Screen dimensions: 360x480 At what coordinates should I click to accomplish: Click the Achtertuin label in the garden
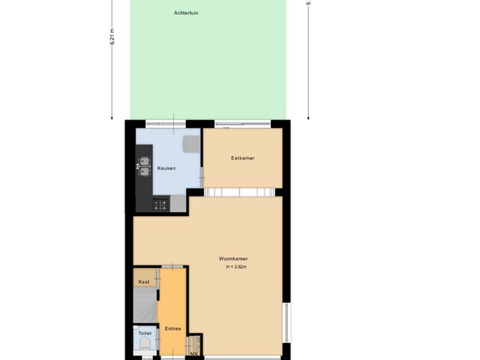point(187,13)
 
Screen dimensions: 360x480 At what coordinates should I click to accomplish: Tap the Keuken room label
point(166,168)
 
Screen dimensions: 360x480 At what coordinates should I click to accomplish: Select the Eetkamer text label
point(242,158)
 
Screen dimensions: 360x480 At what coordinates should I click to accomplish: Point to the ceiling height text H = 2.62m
point(235,267)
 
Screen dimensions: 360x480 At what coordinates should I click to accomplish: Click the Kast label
point(143,281)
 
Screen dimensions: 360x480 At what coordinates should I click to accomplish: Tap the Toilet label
point(145,332)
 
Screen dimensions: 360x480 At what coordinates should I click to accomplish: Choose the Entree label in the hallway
point(172,328)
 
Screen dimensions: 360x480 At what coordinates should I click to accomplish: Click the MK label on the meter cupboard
point(193,353)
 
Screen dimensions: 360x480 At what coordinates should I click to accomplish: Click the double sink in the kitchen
point(143,165)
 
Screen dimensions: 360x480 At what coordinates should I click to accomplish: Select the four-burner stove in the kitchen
point(160,204)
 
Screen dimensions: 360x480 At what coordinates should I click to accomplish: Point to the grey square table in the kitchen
point(191,144)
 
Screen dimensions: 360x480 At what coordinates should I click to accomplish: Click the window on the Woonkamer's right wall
point(284,322)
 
